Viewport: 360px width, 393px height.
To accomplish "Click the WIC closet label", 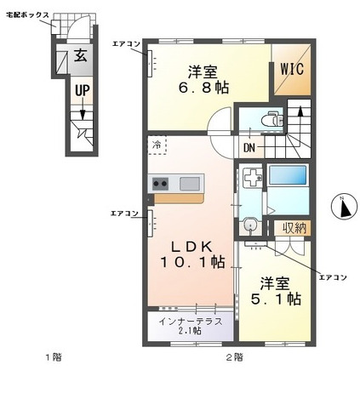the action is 292,69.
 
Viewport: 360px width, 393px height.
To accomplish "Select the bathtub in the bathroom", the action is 288,175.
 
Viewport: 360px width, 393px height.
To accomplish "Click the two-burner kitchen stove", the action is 160,184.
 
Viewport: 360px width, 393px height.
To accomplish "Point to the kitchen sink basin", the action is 190,184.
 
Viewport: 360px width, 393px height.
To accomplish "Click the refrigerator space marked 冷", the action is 157,145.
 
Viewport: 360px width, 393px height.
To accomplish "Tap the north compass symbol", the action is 344,208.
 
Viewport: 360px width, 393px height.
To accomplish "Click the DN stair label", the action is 249,148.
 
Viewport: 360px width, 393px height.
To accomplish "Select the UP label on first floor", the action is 82,91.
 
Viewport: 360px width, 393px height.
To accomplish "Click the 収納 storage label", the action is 294,228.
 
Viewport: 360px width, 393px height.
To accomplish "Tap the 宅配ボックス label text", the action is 27,15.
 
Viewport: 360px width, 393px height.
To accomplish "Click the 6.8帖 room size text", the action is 203,88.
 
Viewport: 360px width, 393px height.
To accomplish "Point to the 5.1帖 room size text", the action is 276,299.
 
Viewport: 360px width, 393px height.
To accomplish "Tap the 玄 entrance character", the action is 81,55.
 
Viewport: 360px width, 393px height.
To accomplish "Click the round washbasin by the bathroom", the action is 250,225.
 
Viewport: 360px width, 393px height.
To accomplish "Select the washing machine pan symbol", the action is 253,177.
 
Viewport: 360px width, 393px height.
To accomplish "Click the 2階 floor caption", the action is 234,357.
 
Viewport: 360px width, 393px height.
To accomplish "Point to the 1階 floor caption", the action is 54,357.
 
